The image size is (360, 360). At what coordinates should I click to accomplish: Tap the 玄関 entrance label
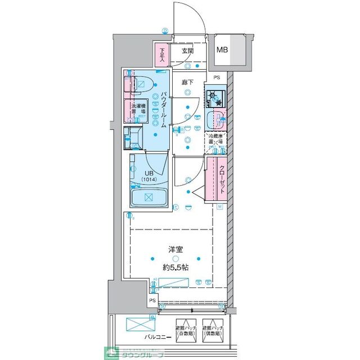[x=187, y=51]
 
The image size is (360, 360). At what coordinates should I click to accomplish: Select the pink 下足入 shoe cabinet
[x=162, y=55]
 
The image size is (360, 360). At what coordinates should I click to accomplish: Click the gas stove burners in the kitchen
[x=215, y=99]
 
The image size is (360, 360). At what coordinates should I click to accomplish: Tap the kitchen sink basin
[x=215, y=120]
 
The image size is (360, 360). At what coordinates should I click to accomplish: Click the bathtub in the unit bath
[x=148, y=197]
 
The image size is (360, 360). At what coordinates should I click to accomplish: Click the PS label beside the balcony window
[x=152, y=301]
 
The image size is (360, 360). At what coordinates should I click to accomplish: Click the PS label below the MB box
[x=216, y=78]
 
